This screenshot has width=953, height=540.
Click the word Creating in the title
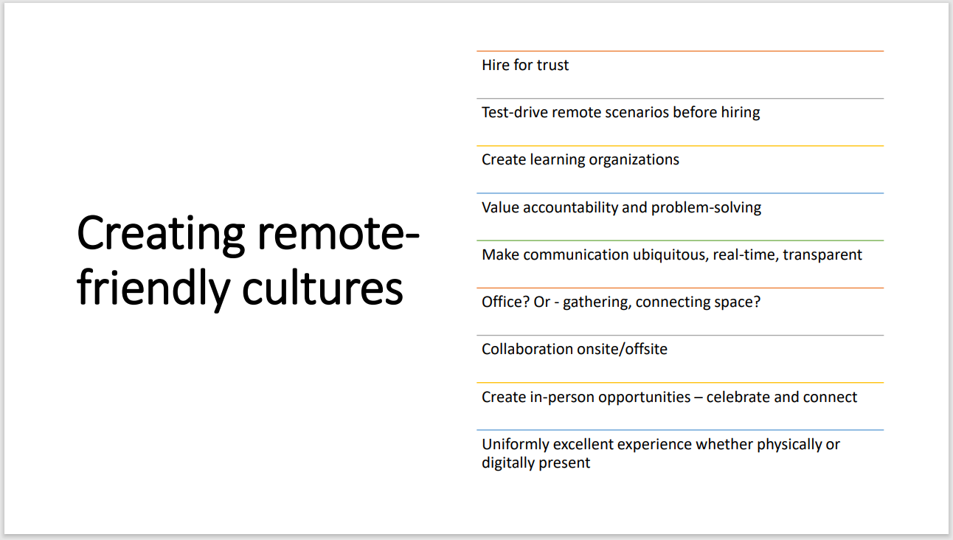pos(160,232)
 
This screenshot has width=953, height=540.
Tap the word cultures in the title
pos(322,288)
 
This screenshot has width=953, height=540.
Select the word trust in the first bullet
pos(552,65)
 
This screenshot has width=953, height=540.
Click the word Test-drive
pos(515,112)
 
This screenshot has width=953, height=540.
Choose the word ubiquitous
pos(670,255)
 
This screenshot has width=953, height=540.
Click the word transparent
pos(822,255)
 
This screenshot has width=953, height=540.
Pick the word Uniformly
pos(516,444)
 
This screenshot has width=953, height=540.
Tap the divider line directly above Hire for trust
pos(679,51)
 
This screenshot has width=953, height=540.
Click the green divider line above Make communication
pos(679,240)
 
